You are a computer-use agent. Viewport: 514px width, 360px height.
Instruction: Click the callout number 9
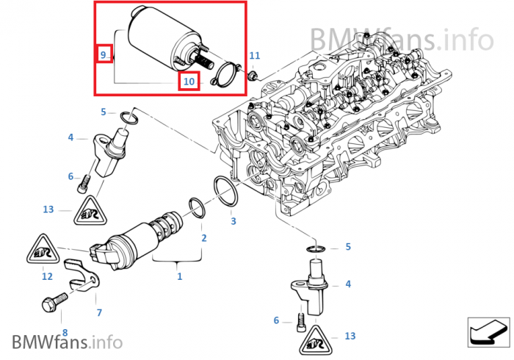[104, 55]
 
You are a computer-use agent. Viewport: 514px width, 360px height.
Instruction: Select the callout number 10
[189, 81]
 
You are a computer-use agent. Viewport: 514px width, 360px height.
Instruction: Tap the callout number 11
[255, 56]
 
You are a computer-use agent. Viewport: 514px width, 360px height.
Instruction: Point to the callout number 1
[179, 276]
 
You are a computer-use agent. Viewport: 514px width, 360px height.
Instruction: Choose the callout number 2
[203, 237]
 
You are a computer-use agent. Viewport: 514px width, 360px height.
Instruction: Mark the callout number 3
[233, 220]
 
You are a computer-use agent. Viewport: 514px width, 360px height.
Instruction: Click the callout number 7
[99, 312]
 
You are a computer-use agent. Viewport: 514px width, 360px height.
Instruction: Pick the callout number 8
[64, 332]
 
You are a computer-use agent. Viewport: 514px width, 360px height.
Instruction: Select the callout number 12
[47, 276]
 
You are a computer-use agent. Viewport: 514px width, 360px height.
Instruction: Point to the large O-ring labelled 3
[225, 190]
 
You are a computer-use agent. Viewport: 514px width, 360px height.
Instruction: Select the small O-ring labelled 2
[198, 206]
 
